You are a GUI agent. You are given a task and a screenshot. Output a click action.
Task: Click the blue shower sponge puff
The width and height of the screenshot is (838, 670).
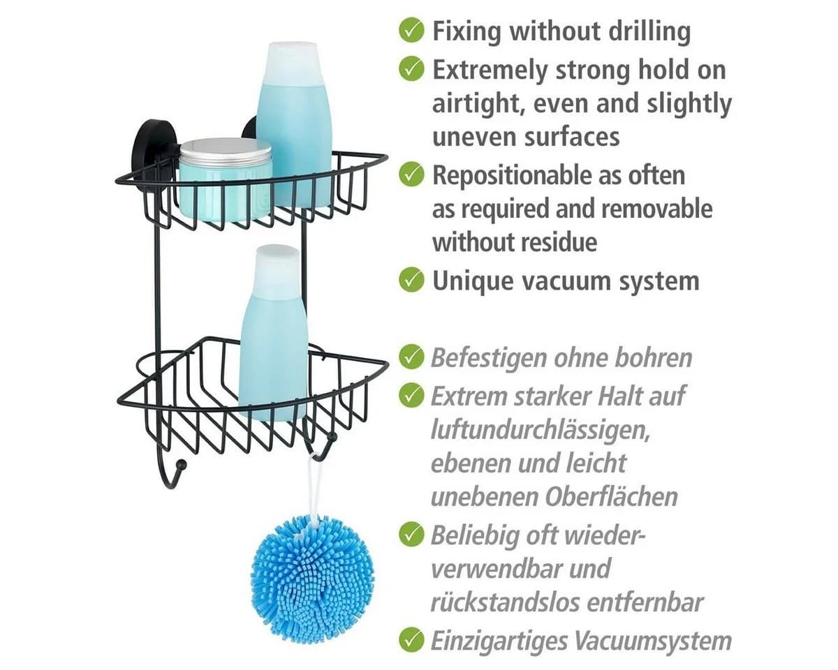coord(313,580)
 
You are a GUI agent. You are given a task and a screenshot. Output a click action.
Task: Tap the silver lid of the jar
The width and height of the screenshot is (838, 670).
coord(226,150)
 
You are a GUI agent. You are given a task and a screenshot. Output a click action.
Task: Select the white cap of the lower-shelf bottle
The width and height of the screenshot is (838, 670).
coord(277,270)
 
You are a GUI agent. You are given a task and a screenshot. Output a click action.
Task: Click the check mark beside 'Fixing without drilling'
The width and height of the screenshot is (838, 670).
coord(411,31)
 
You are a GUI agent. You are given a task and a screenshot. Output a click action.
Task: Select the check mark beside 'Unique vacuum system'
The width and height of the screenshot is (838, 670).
coord(411,280)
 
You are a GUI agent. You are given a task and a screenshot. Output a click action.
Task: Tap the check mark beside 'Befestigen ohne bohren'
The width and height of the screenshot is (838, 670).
coord(411,357)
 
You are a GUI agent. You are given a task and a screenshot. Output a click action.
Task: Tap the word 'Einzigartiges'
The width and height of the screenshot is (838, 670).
coord(499,641)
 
